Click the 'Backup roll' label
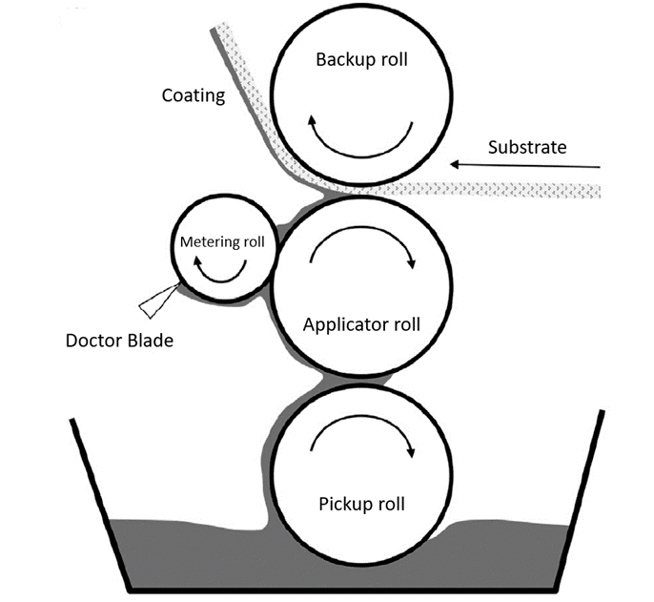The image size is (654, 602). point(361,59)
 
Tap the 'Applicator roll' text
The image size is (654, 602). point(361,324)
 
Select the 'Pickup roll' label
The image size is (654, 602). point(363,504)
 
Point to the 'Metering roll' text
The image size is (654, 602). point(221,242)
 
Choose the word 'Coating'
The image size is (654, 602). point(193,95)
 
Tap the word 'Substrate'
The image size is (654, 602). point(526,147)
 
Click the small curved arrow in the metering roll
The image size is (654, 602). point(220,272)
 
